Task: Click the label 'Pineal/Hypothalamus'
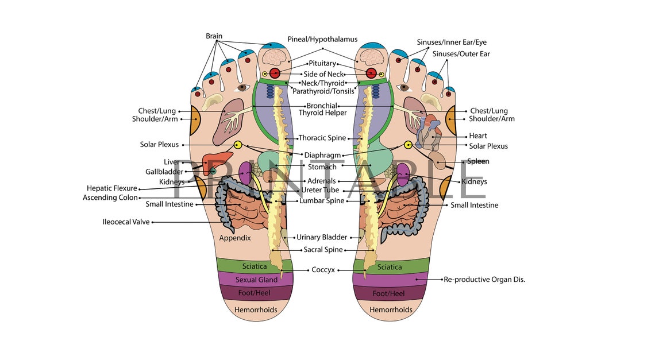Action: (322, 40)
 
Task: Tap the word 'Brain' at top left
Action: (214, 36)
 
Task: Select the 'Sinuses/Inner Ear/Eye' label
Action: (452, 42)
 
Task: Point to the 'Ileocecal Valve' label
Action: (125, 222)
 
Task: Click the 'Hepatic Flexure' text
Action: (112, 188)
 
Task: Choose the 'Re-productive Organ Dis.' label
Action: (484, 280)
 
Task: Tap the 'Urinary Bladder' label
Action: (322, 237)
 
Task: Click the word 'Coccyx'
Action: (323, 270)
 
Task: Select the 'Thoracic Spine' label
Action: (322, 138)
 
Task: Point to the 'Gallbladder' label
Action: (164, 172)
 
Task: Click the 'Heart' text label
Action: (478, 136)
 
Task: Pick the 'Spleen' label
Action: (478, 161)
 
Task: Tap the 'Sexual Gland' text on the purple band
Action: (256, 280)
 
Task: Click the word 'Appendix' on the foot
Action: (235, 238)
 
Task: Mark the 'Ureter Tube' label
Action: (320, 191)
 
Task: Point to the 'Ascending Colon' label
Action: (110, 198)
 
